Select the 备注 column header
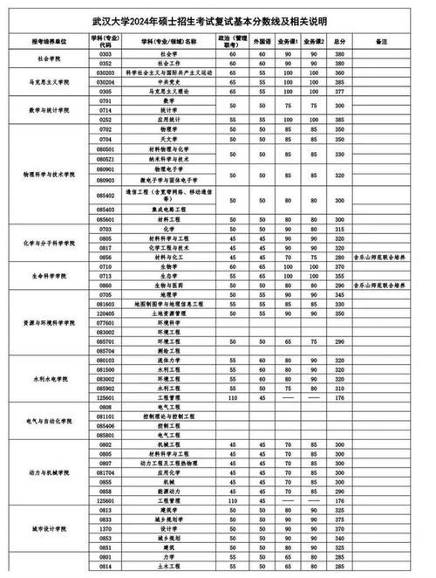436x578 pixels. coord(380,42)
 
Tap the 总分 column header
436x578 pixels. coord(339,42)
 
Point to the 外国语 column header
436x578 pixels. coord(262,42)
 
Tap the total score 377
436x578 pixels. coord(339,90)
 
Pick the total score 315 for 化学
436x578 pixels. coord(339,229)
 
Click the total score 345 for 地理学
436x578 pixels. coord(339,294)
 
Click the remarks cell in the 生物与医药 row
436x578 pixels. coord(380,286)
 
